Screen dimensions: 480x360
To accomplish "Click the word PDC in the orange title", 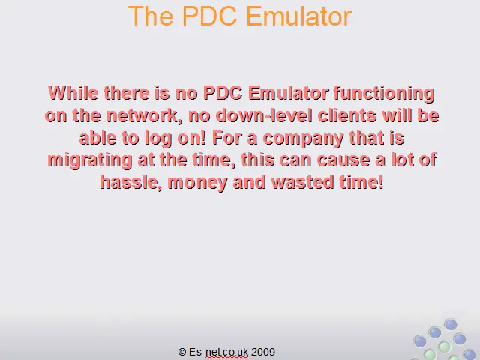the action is tap(210, 16).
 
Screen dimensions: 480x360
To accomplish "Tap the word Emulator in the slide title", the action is tap(299, 16).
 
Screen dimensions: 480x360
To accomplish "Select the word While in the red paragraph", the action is tap(73, 92).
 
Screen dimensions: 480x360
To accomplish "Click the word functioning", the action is tap(384, 93).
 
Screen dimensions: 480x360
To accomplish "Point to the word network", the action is tap(143, 116).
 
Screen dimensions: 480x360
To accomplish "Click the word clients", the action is tap(346, 115).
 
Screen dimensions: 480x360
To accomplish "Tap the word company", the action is tap(303, 139).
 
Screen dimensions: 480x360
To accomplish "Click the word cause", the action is tap(343, 160).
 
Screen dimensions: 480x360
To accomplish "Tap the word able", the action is tap(97, 138).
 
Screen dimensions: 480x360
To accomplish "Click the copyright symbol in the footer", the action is tap(182, 352).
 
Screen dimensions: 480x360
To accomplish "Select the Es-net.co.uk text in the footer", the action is tap(218, 352).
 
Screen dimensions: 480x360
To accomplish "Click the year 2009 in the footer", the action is tap(263, 352).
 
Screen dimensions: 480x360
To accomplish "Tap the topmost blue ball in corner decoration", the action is tap(450, 325).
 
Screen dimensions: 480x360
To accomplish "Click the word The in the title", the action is tap(151, 16).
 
